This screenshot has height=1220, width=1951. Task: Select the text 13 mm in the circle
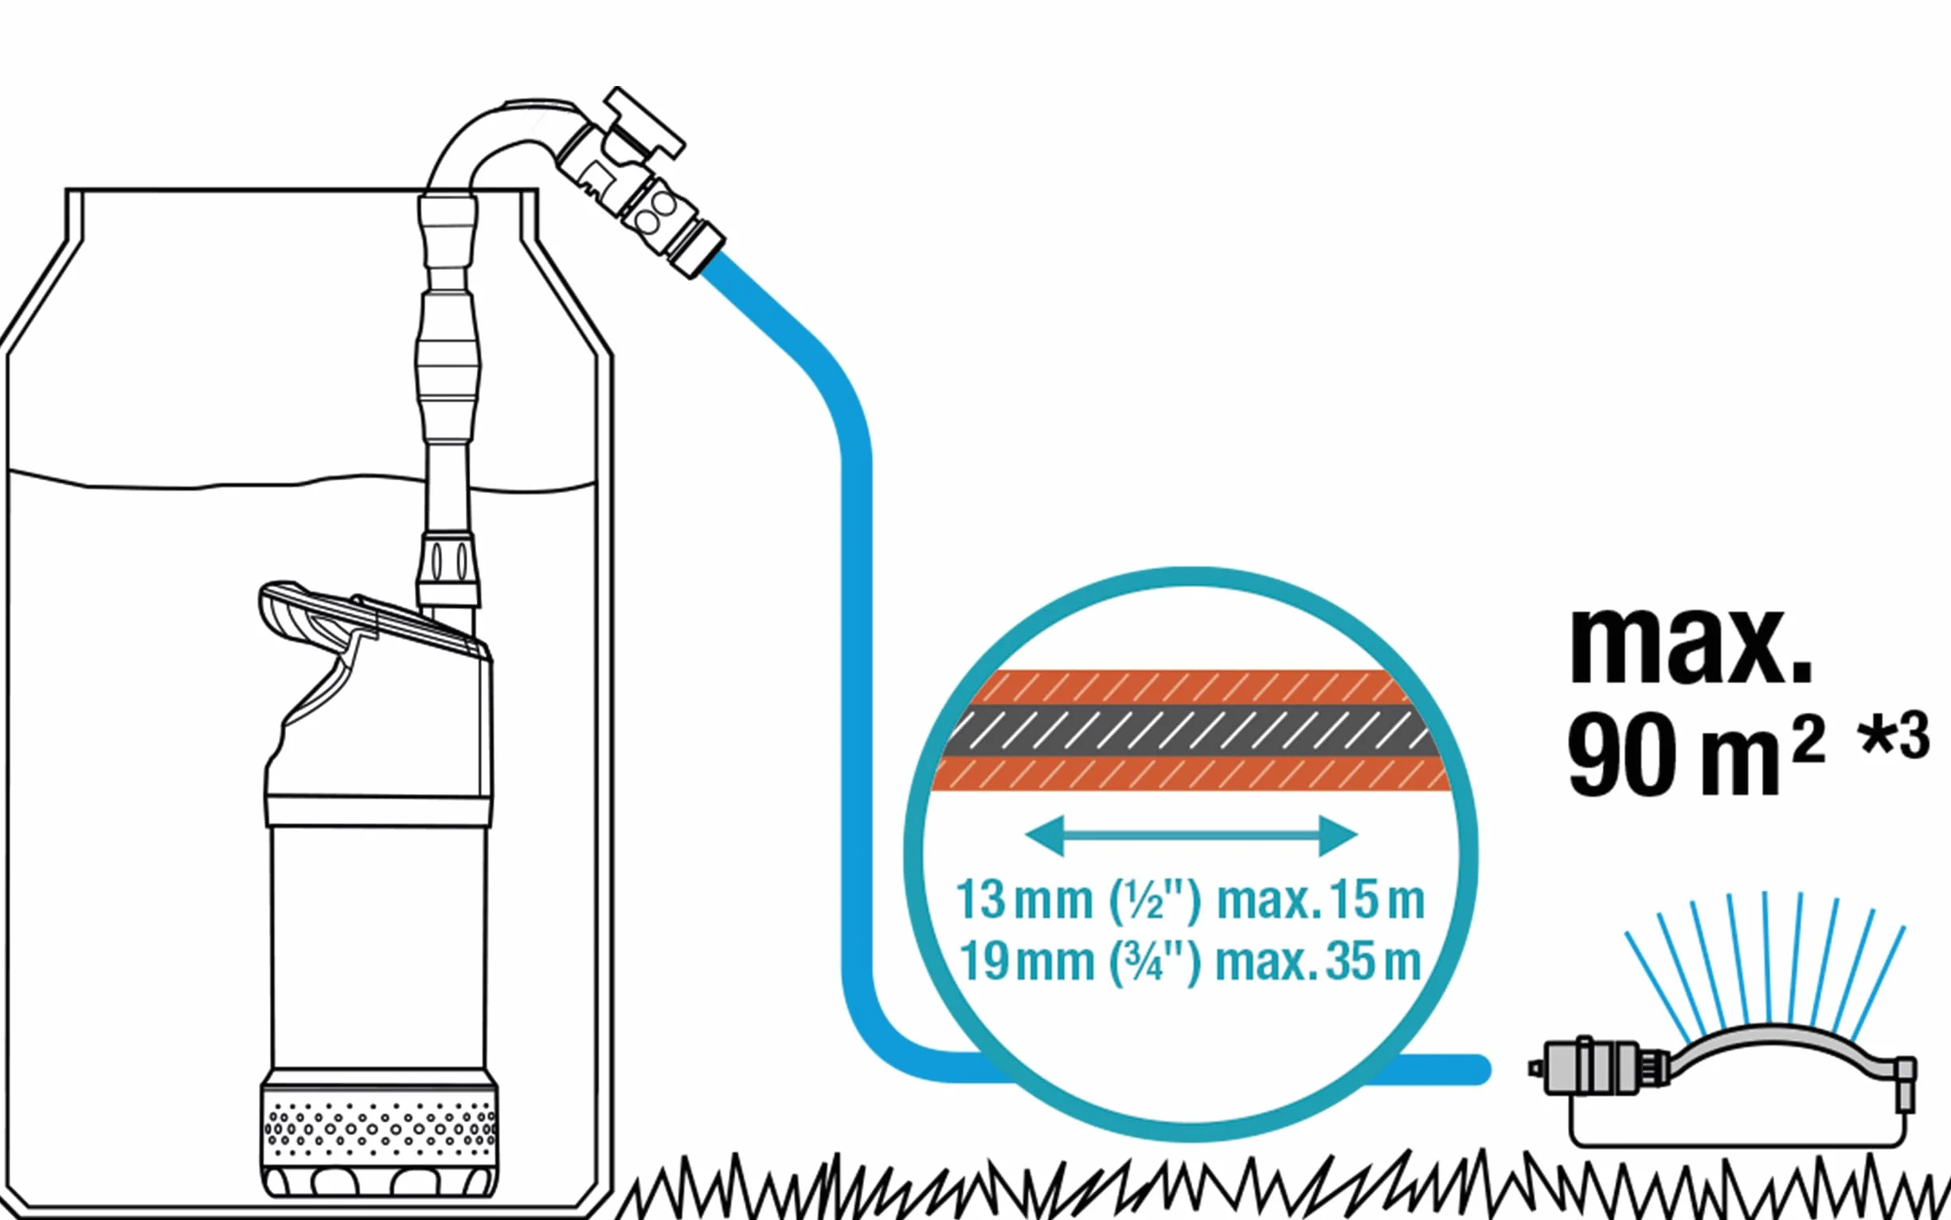[x=1024, y=899]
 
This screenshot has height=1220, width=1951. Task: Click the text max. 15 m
[x=1321, y=899]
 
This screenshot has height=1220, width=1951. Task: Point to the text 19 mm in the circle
[x=1026, y=961]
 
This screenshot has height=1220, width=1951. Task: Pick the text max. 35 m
[x=1319, y=961]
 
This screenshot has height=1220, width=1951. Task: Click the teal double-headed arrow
[x=1191, y=836]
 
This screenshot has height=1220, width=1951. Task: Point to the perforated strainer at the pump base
[x=379, y=1126]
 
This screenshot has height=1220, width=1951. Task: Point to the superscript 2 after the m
[x=1809, y=739]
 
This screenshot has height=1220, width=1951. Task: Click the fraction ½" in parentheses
[x=1155, y=901]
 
